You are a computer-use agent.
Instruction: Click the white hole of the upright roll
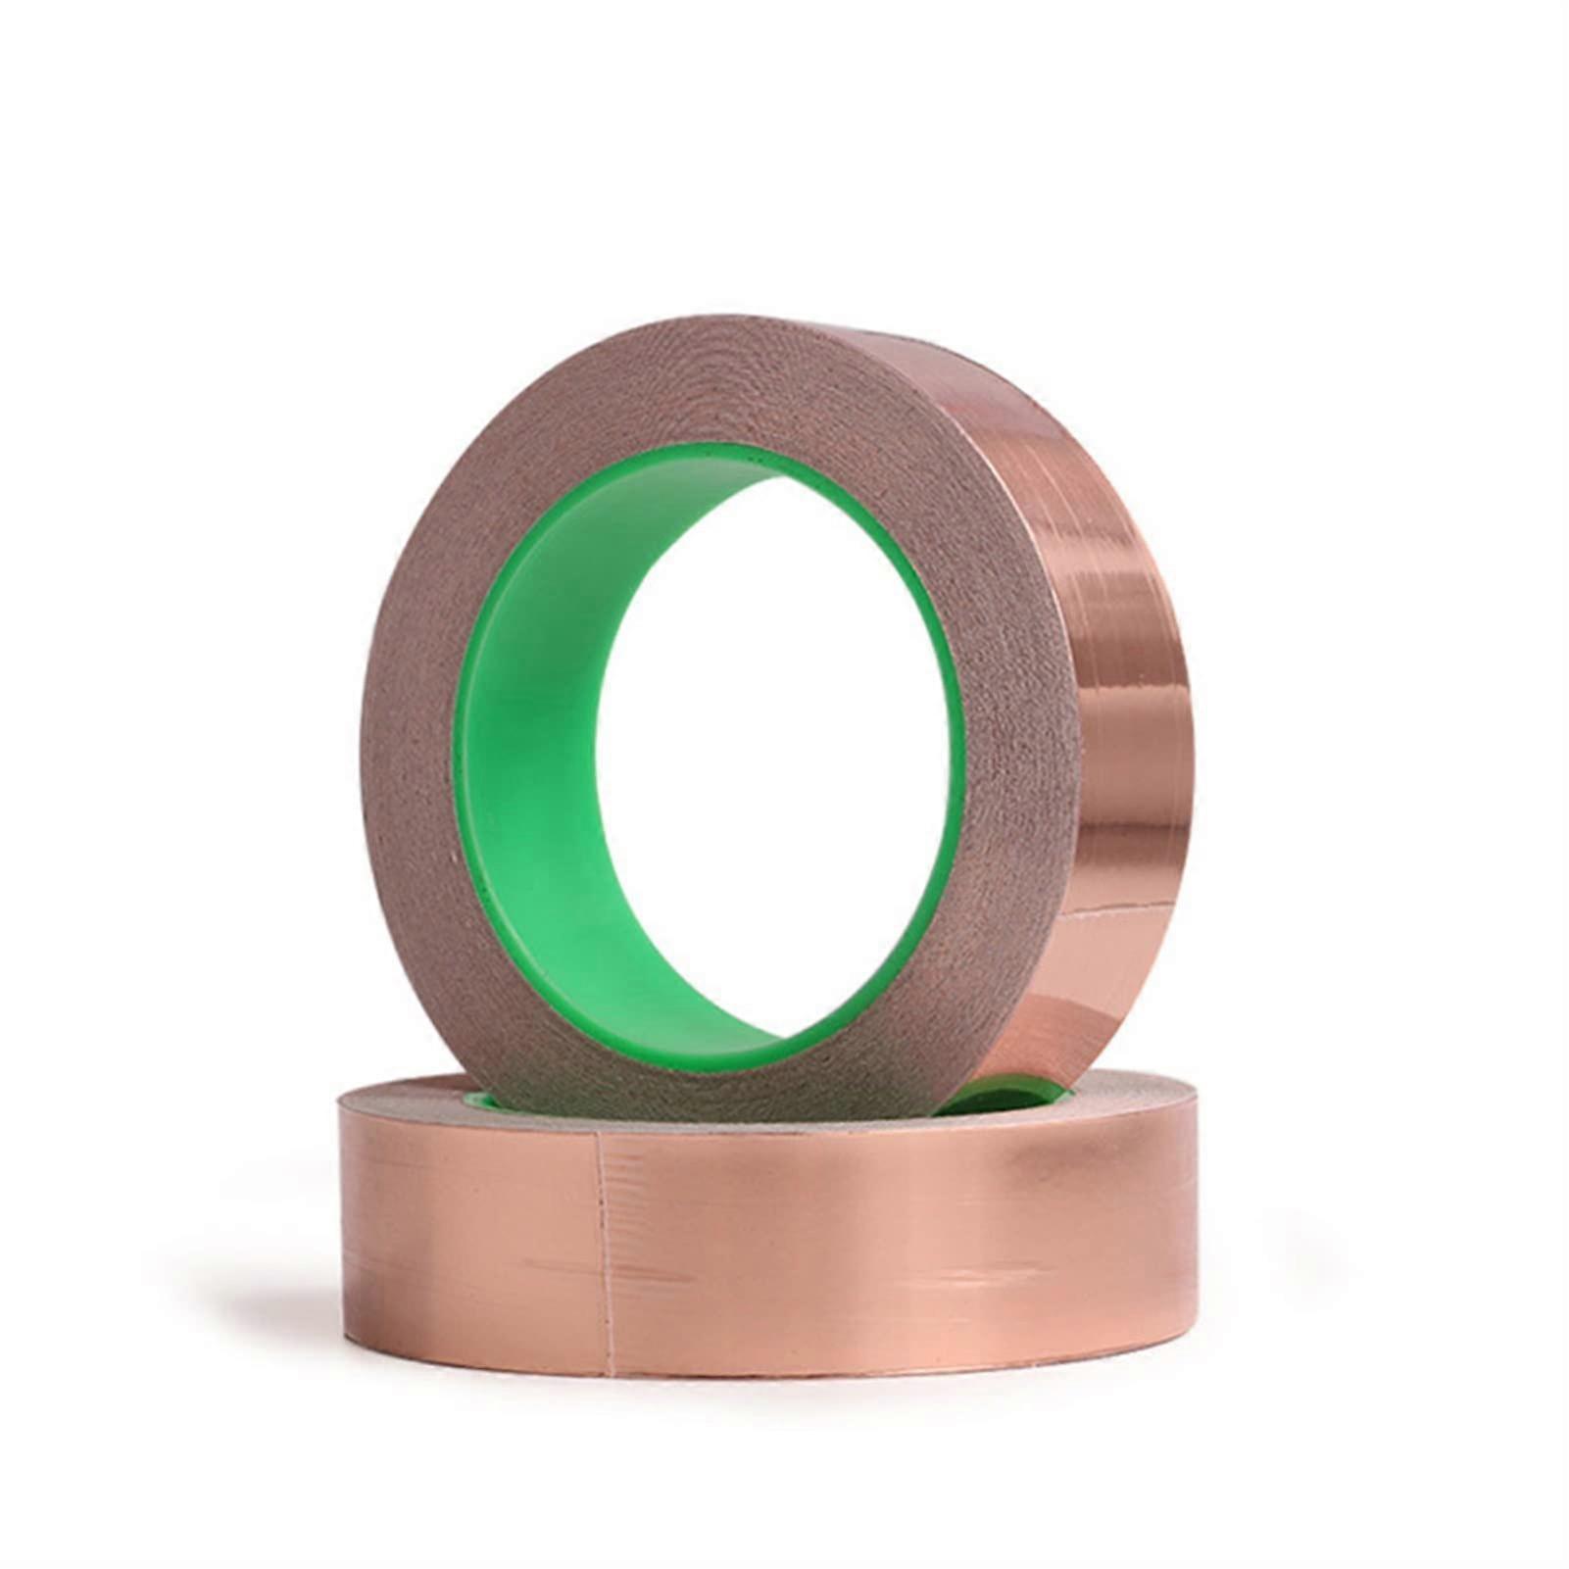[774, 755]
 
